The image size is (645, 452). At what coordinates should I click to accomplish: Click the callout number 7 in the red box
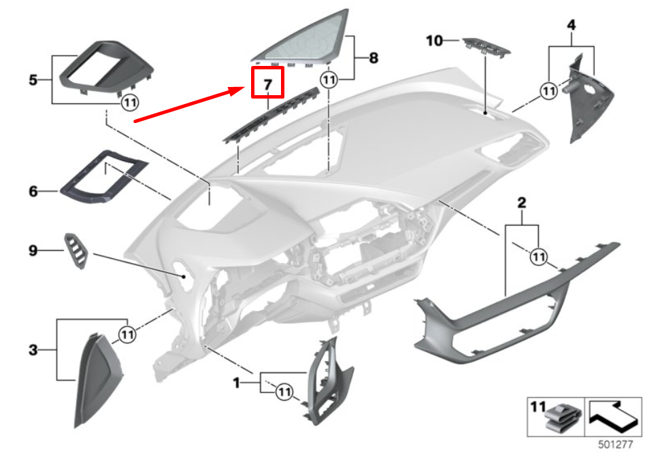point(267,86)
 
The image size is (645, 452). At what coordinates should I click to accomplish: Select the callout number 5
point(33,80)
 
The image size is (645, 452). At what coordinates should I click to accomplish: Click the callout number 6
point(33,192)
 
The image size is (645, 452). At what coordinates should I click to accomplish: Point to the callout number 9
point(33,251)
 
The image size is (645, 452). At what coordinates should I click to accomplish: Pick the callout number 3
point(33,351)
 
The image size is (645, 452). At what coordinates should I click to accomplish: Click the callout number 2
point(521,203)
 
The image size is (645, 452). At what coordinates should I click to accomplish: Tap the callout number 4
point(572,25)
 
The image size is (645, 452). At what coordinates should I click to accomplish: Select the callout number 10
point(434,41)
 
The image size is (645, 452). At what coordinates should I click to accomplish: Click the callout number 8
point(373,58)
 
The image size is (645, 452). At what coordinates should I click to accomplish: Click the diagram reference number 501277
point(616,444)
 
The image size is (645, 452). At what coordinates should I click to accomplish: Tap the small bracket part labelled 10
point(486,48)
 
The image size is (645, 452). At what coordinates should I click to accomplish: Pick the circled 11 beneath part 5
point(129,103)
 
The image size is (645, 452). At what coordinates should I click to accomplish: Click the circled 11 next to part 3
point(127,334)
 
